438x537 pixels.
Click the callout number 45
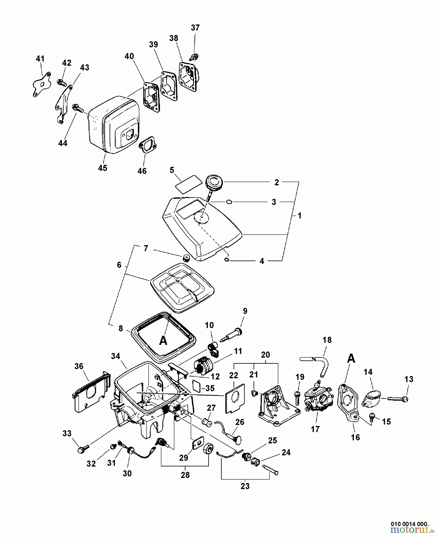pos(103,168)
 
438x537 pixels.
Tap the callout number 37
pos(195,28)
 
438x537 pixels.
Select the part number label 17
pos(315,429)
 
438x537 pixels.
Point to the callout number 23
pos(245,486)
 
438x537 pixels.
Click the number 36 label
pos(79,366)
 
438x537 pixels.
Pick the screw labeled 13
pos(397,398)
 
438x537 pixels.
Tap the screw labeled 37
pos(195,56)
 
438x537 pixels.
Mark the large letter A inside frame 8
pos(163,340)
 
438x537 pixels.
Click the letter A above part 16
pos(351,358)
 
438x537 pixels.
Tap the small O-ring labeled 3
pos(229,202)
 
